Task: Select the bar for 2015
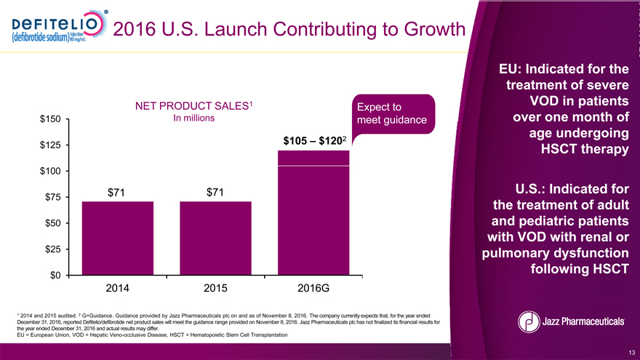[215, 239]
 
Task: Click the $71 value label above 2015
[215, 192]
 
